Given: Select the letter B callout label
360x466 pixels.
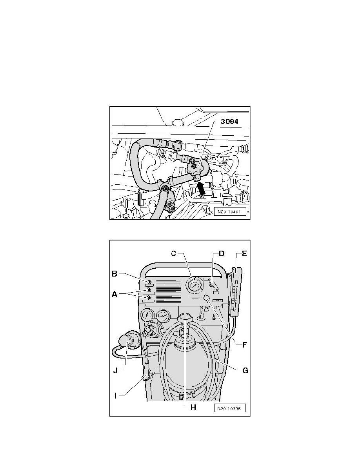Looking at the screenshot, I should pyautogui.click(x=115, y=274).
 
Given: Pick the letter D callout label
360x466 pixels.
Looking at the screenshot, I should pyautogui.click(x=222, y=253).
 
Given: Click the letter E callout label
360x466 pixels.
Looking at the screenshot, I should pyautogui.click(x=244, y=253).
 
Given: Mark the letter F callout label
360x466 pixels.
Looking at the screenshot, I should pyautogui.click(x=244, y=346).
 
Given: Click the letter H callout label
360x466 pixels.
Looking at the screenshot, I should pyautogui.click(x=193, y=408).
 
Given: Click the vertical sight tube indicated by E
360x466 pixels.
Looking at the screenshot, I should pyautogui.click(x=235, y=290).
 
